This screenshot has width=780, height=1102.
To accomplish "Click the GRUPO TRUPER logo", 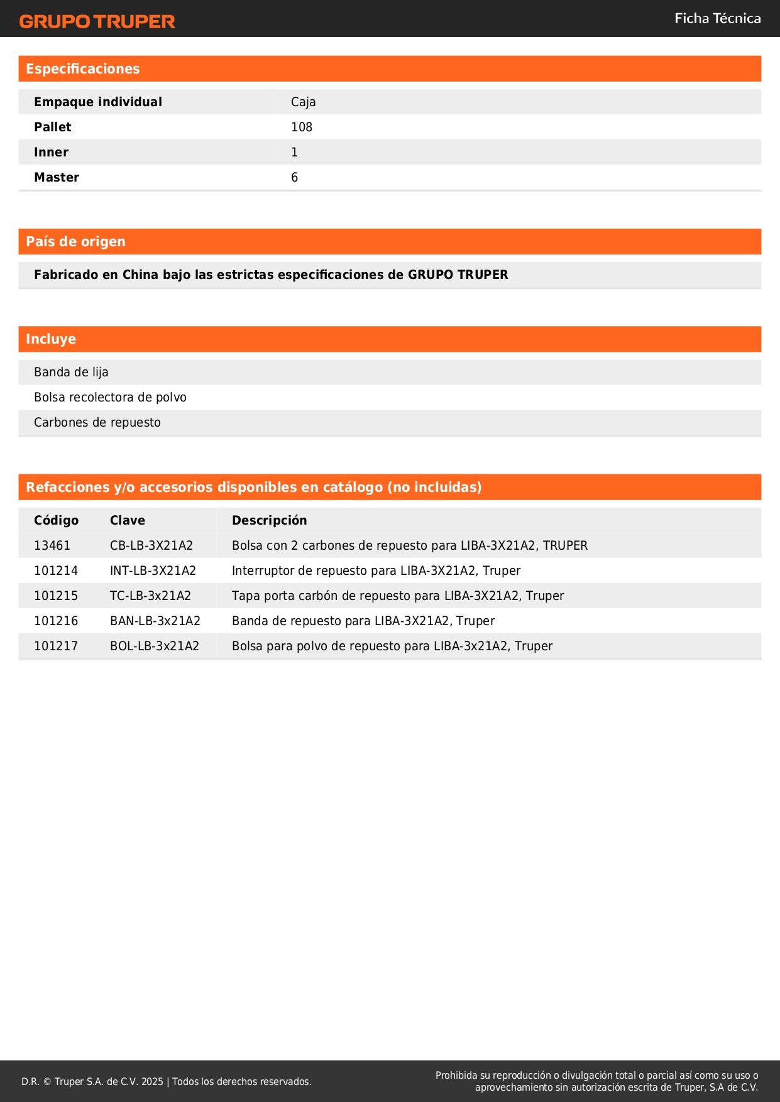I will pyautogui.click(x=97, y=21).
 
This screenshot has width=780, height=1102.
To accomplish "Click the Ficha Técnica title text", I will pyautogui.click(x=717, y=19).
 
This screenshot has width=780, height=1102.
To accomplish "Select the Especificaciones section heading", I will pyautogui.click(x=82, y=69).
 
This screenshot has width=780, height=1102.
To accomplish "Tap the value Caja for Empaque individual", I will pyautogui.click(x=303, y=102).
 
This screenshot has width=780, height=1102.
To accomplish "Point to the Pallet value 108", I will pyautogui.click(x=301, y=128).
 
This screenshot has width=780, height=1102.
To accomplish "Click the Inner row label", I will pyautogui.click(x=51, y=153).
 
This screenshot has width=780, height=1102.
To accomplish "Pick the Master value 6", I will pyautogui.click(x=294, y=178).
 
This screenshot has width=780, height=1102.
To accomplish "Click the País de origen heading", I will pyautogui.click(x=75, y=242).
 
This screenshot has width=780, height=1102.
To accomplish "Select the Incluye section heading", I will pyautogui.click(x=50, y=339).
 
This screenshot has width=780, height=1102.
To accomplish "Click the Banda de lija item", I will pyautogui.click(x=71, y=373).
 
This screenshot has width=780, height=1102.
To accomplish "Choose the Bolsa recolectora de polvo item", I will pyautogui.click(x=110, y=398).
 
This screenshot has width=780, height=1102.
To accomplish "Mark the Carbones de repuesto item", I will pyautogui.click(x=97, y=423).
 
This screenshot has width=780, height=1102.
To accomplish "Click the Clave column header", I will pyautogui.click(x=127, y=521).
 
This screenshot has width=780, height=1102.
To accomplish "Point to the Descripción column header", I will pyautogui.click(x=269, y=521).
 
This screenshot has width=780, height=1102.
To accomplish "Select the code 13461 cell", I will pyautogui.click(x=52, y=546).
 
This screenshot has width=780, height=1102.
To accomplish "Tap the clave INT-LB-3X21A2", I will pyautogui.click(x=153, y=571).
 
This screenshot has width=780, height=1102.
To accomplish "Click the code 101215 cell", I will pyautogui.click(x=55, y=596).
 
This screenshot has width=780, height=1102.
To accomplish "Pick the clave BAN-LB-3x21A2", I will pyautogui.click(x=155, y=621).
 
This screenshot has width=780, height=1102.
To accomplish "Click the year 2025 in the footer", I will pyautogui.click(x=152, y=1082).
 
